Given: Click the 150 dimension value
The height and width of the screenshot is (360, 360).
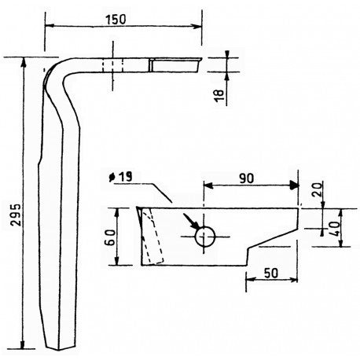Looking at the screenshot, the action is pyautogui.click(x=116, y=20).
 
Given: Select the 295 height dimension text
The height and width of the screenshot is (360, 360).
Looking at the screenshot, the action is pyautogui.click(x=17, y=215).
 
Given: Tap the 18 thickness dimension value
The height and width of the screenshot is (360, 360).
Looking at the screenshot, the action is pyautogui.click(x=219, y=96).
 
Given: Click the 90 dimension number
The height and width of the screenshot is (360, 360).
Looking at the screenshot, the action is pyautogui.click(x=247, y=178).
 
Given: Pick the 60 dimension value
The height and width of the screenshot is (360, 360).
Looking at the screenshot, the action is pyautogui.click(x=110, y=237).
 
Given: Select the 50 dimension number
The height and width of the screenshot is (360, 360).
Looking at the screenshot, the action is pyautogui.click(x=271, y=273).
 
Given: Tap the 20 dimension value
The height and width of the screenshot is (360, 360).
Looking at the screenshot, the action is pyautogui.click(x=317, y=189).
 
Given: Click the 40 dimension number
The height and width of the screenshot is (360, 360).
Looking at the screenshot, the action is pyautogui.click(x=335, y=229).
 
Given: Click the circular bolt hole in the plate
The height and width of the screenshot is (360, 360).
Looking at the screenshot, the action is pyautogui.click(x=205, y=237).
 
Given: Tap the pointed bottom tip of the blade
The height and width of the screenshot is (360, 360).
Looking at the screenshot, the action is pyautogui.click(x=58, y=350).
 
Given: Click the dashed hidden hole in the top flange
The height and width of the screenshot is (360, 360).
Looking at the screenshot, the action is pyautogui.click(x=112, y=65).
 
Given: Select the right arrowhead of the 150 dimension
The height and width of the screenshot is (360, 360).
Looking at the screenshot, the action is pyautogui.click(x=197, y=26).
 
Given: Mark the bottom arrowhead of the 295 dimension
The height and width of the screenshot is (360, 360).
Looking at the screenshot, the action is pyautogui.click(x=23, y=344).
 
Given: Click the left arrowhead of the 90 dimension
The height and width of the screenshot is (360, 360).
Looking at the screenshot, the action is pyautogui.click(x=208, y=186).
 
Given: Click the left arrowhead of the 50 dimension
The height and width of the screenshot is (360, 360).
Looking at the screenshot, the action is pyautogui.click(x=250, y=280).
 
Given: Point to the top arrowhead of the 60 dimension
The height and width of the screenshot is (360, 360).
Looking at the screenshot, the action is pyautogui.click(x=117, y=213).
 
